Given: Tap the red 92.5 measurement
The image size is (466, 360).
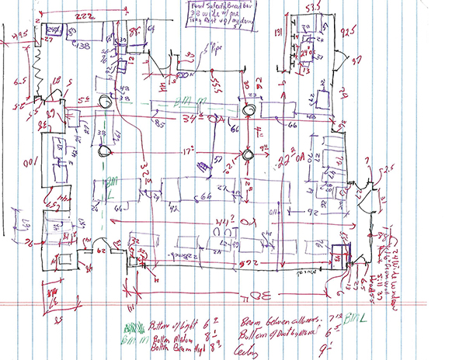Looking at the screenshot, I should tap(349, 33).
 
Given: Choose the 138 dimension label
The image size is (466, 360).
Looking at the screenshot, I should tap(83, 46).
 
